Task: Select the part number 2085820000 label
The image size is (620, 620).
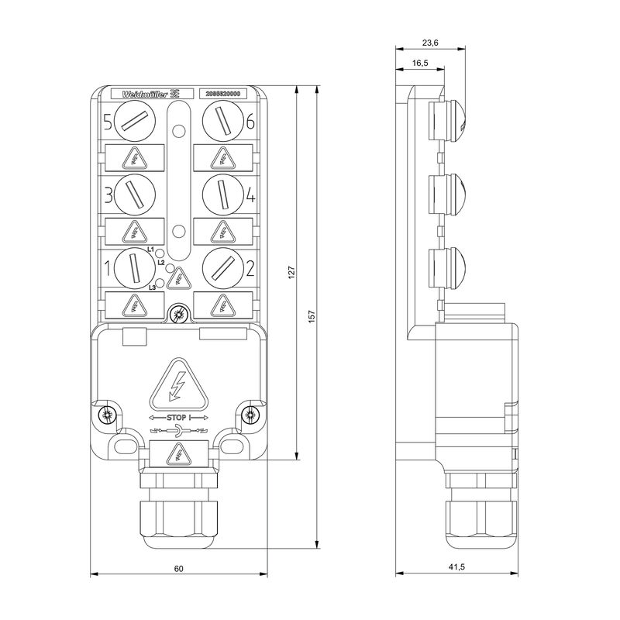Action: click(x=222, y=94)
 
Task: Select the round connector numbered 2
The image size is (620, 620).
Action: click(x=222, y=267)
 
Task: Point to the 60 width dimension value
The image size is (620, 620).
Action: click(x=178, y=568)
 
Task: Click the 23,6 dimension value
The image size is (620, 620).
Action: click(x=430, y=43)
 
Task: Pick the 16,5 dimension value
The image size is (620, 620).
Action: click(x=420, y=63)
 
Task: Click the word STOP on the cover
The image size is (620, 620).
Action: click(x=177, y=417)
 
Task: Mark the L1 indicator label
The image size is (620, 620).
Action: click(x=151, y=250)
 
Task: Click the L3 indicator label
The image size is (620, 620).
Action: click(x=153, y=288)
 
